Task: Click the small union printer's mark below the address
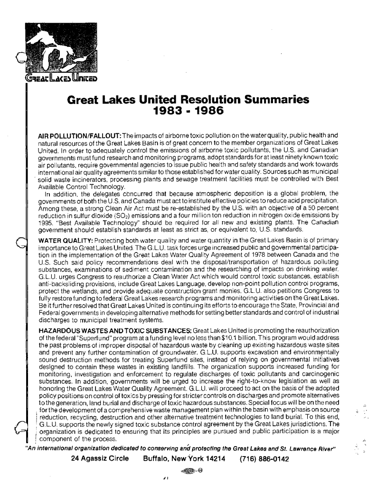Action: click(x=185, y=470)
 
